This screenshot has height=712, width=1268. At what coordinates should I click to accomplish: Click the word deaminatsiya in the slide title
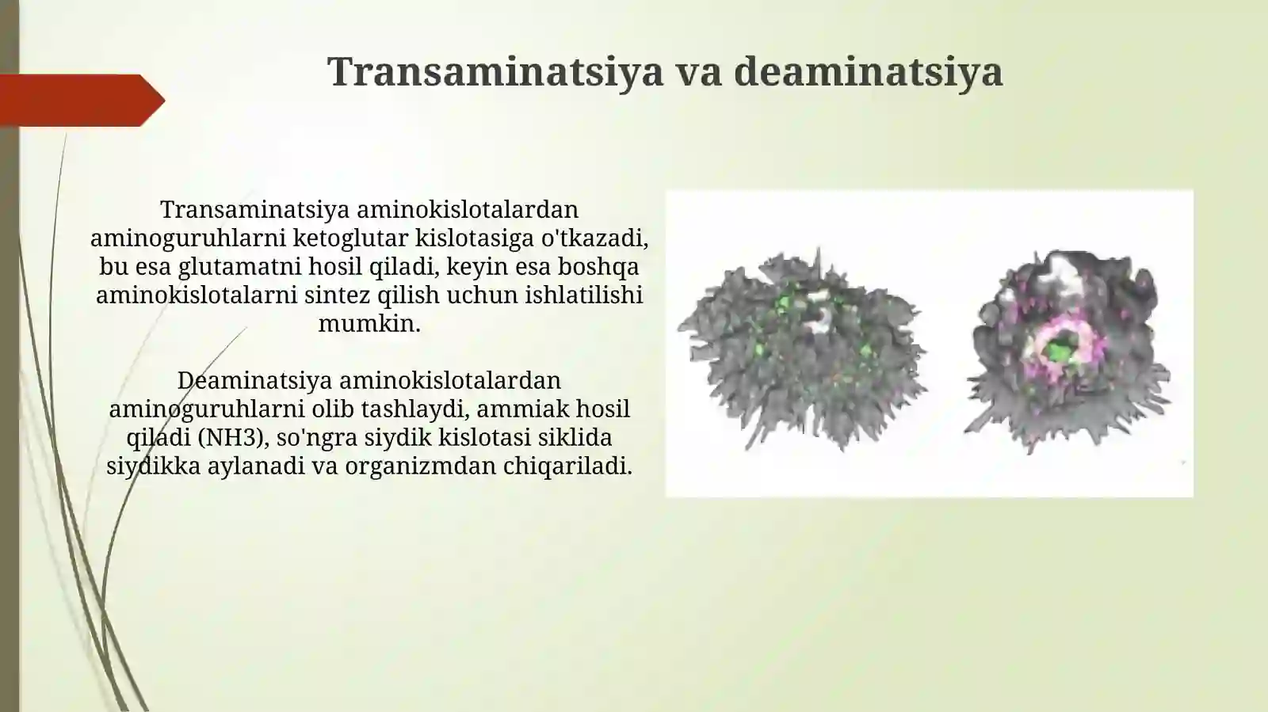click(869, 71)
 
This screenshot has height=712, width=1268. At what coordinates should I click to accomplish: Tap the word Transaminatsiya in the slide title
click(495, 71)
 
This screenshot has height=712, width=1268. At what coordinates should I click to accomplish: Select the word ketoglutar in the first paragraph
click(351, 238)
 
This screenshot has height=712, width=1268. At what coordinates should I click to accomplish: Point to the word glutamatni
click(231, 266)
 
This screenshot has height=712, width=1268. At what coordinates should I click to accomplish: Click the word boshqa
click(602, 266)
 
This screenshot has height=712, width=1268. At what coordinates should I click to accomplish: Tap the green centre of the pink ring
click(1057, 348)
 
